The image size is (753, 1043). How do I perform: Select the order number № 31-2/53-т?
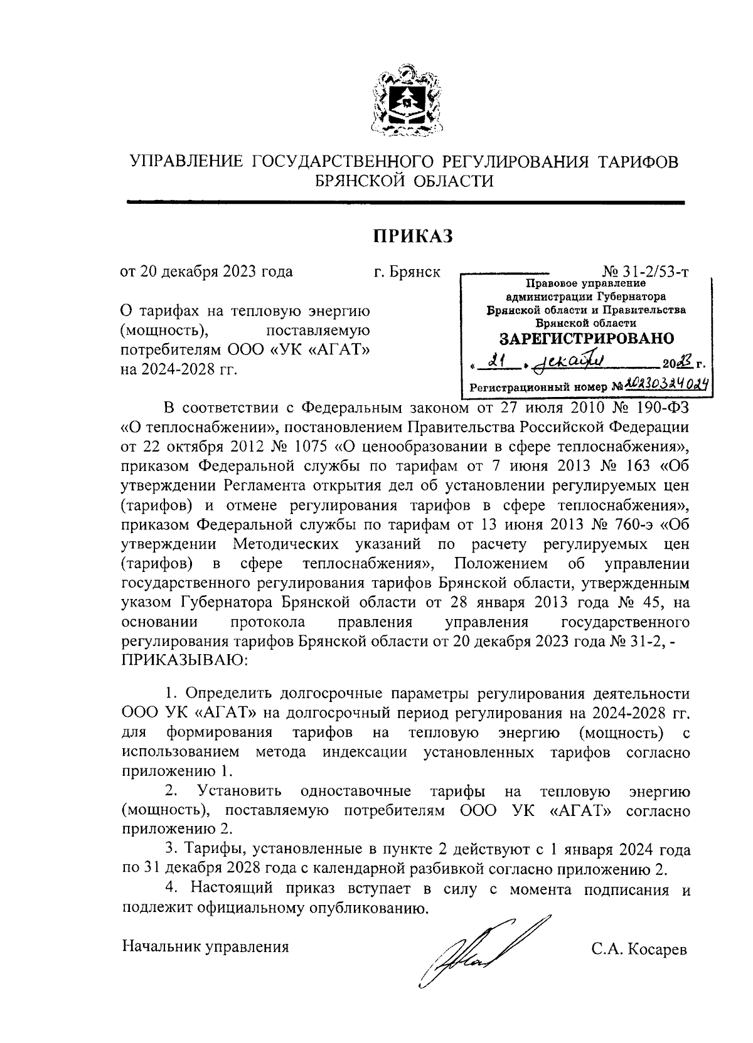tap(645, 272)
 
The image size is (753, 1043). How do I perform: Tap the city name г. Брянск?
tap(406, 272)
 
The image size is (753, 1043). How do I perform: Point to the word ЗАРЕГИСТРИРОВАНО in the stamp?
tap(586, 339)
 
